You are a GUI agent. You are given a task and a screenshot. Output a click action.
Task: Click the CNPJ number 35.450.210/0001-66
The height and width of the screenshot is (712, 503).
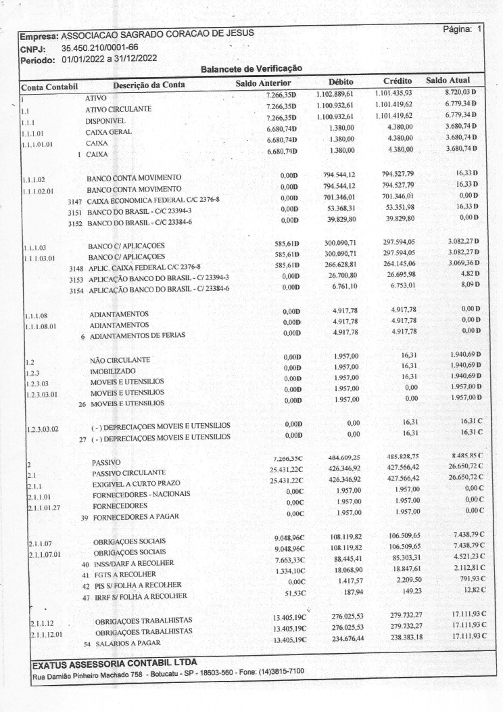coord(99,47)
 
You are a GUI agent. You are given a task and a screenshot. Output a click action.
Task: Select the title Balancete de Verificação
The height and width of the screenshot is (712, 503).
coord(251,68)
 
